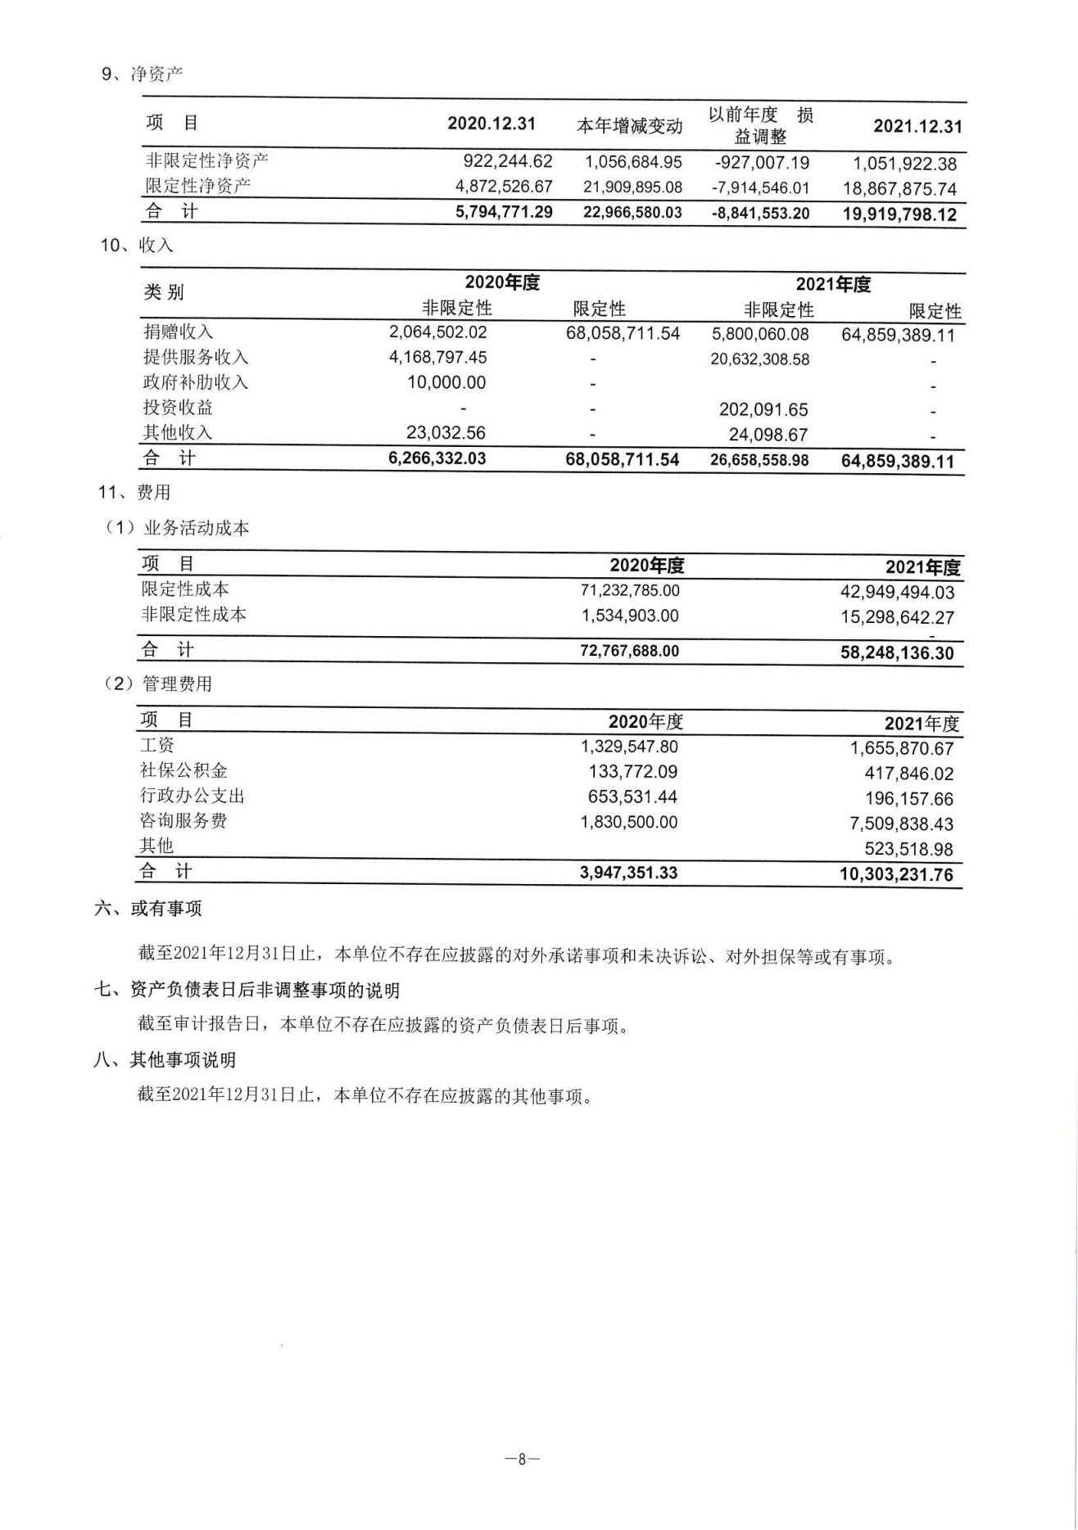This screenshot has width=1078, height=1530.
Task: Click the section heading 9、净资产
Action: tap(142, 74)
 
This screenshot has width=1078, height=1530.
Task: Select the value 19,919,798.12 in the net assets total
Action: tap(899, 215)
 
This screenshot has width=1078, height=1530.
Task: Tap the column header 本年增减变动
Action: tap(629, 126)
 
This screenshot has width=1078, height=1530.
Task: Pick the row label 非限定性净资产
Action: tap(206, 160)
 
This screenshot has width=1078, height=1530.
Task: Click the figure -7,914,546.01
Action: tap(760, 188)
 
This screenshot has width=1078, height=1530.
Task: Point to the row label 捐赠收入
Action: tap(178, 332)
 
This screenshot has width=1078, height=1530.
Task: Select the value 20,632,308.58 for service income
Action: tap(759, 359)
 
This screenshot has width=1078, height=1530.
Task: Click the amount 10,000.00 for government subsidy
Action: tap(446, 383)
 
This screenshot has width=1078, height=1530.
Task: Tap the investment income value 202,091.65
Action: tap(763, 409)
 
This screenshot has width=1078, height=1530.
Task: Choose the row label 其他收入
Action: tap(178, 432)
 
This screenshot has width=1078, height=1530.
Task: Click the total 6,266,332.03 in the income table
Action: tap(437, 458)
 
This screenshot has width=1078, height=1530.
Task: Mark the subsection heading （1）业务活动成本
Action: tap(176, 528)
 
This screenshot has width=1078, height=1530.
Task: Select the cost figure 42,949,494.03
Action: tap(897, 593)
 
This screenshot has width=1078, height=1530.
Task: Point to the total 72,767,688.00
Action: tap(629, 652)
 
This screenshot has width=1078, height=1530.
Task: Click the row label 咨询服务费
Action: tap(183, 821)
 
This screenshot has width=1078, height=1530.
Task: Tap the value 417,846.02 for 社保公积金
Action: tap(908, 774)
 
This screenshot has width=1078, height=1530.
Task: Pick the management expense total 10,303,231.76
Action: tap(896, 874)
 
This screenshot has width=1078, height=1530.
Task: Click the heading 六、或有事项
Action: tap(148, 909)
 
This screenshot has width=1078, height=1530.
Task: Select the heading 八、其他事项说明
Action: tap(165, 1060)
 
